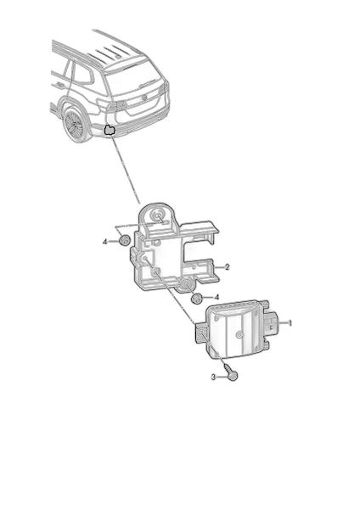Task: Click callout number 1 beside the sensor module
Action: (290, 323)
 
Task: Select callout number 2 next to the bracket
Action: (227, 267)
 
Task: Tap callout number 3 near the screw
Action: (213, 377)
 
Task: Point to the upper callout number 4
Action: (105, 242)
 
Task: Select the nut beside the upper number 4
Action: (124, 240)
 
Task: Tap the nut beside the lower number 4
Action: (197, 299)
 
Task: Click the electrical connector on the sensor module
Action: (271, 323)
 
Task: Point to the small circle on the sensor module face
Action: (239, 335)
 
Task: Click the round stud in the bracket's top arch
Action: (158, 215)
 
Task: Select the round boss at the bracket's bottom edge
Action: (186, 284)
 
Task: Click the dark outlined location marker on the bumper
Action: (110, 130)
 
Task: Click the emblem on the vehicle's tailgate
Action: (145, 96)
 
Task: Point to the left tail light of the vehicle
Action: (116, 105)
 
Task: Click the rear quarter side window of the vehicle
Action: (82, 75)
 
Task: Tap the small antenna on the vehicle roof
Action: (118, 57)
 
